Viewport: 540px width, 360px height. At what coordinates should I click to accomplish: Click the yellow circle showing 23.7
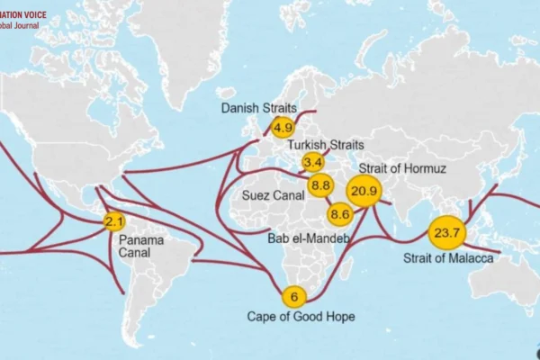[x=446, y=233]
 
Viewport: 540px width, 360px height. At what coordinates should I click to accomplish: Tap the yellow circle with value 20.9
[x=364, y=191]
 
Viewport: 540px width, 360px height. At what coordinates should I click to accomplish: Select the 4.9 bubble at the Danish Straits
[x=283, y=128]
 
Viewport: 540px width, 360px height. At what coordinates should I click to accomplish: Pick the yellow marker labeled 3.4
[x=312, y=162]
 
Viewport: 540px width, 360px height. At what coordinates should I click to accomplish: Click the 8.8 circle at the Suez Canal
[x=320, y=186]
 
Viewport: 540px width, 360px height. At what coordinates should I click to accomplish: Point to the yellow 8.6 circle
[x=339, y=214]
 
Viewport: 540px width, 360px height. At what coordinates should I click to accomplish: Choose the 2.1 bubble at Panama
[x=113, y=221]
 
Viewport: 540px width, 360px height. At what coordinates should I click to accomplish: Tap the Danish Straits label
[x=260, y=109]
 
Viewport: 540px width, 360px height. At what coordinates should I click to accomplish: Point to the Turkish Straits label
[x=325, y=145]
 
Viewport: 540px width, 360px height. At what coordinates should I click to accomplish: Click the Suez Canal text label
[x=273, y=194]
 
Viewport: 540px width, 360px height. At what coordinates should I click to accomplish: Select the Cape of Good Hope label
[x=301, y=317]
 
